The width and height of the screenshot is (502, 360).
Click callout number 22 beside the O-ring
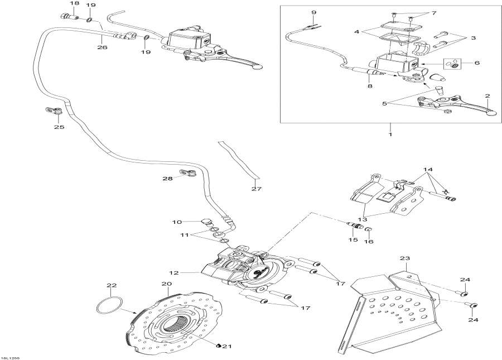112,286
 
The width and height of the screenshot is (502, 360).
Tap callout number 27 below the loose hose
255,189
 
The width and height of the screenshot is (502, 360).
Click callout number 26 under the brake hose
102,47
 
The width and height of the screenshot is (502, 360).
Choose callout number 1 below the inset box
390,135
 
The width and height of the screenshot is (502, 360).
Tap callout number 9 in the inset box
313,12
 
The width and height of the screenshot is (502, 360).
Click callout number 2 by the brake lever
487,96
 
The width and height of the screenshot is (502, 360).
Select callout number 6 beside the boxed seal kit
476,64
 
